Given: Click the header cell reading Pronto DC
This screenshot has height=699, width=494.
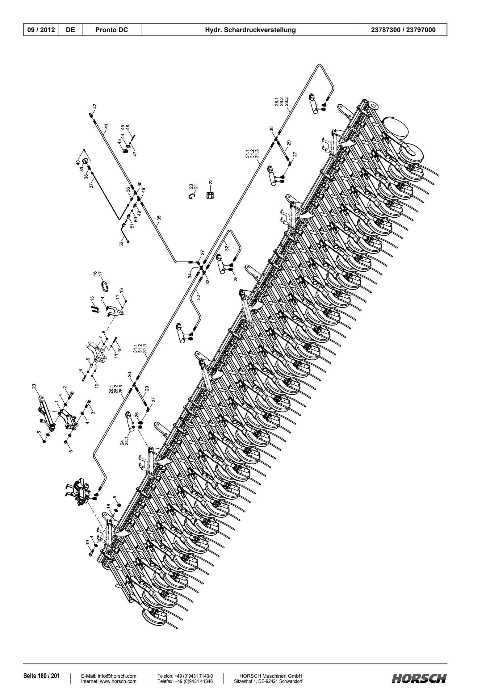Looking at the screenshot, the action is [x=111, y=30].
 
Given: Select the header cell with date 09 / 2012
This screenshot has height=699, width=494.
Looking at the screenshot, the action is [x=41, y=30].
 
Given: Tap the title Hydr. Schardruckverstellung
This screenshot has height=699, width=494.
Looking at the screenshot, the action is [x=250, y=30].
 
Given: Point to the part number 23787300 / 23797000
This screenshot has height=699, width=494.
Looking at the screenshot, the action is [x=404, y=30].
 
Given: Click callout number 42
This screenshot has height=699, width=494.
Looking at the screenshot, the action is [x=95, y=106].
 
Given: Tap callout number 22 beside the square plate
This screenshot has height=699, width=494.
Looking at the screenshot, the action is [x=211, y=183].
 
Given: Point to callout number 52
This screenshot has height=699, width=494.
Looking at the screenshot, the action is [x=121, y=244].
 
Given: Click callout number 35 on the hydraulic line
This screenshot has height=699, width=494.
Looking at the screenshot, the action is [x=159, y=218].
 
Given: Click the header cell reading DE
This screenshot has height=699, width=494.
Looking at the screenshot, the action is [x=71, y=30].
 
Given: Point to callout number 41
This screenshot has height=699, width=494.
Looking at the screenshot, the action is [x=106, y=126].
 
